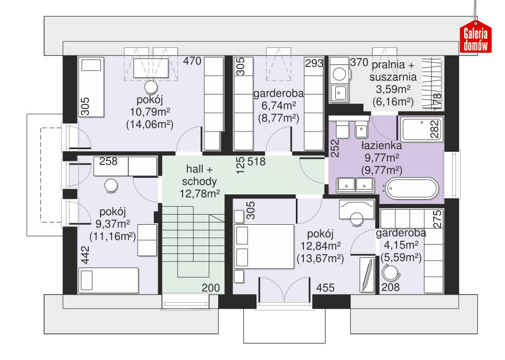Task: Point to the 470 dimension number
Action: pyautogui.click(x=192, y=61)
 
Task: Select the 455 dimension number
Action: pyautogui.click(x=325, y=288)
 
